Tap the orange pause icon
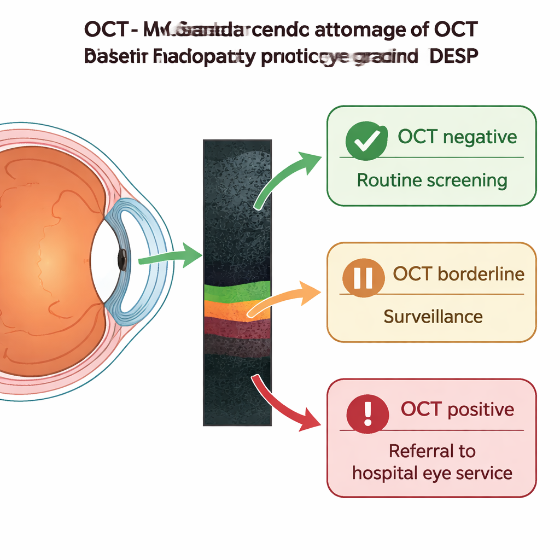click(362, 278)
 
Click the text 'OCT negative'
click(457, 136)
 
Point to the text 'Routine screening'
click(432, 180)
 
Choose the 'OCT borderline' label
click(458, 273)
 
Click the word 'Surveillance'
click(433, 316)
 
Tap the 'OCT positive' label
click(457, 409)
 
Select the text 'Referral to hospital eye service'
click(432, 462)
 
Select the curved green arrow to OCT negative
click(285, 175)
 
